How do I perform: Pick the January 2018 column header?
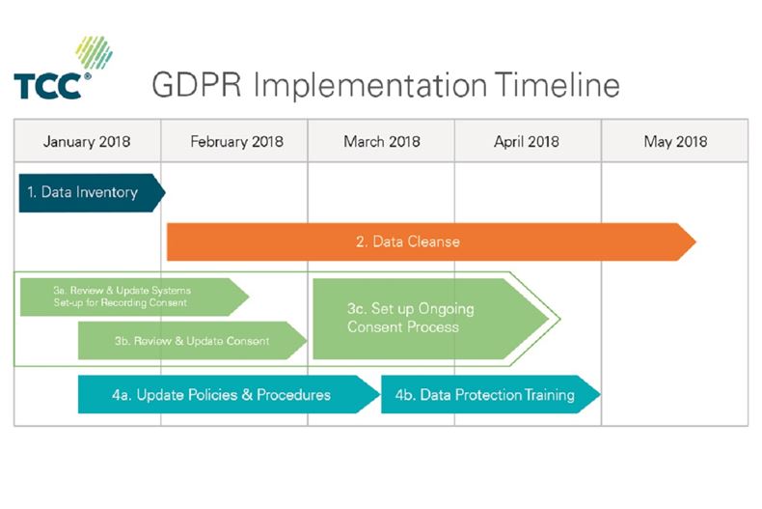click(87, 141)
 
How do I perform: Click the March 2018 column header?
click(381, 141)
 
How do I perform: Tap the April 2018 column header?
click(528, 141)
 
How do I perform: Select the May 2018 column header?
click(674, 141)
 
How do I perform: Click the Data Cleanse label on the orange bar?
click(416, 241)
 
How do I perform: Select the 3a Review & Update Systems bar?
click(125, 297)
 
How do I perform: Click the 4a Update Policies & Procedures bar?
click(222, 395)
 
